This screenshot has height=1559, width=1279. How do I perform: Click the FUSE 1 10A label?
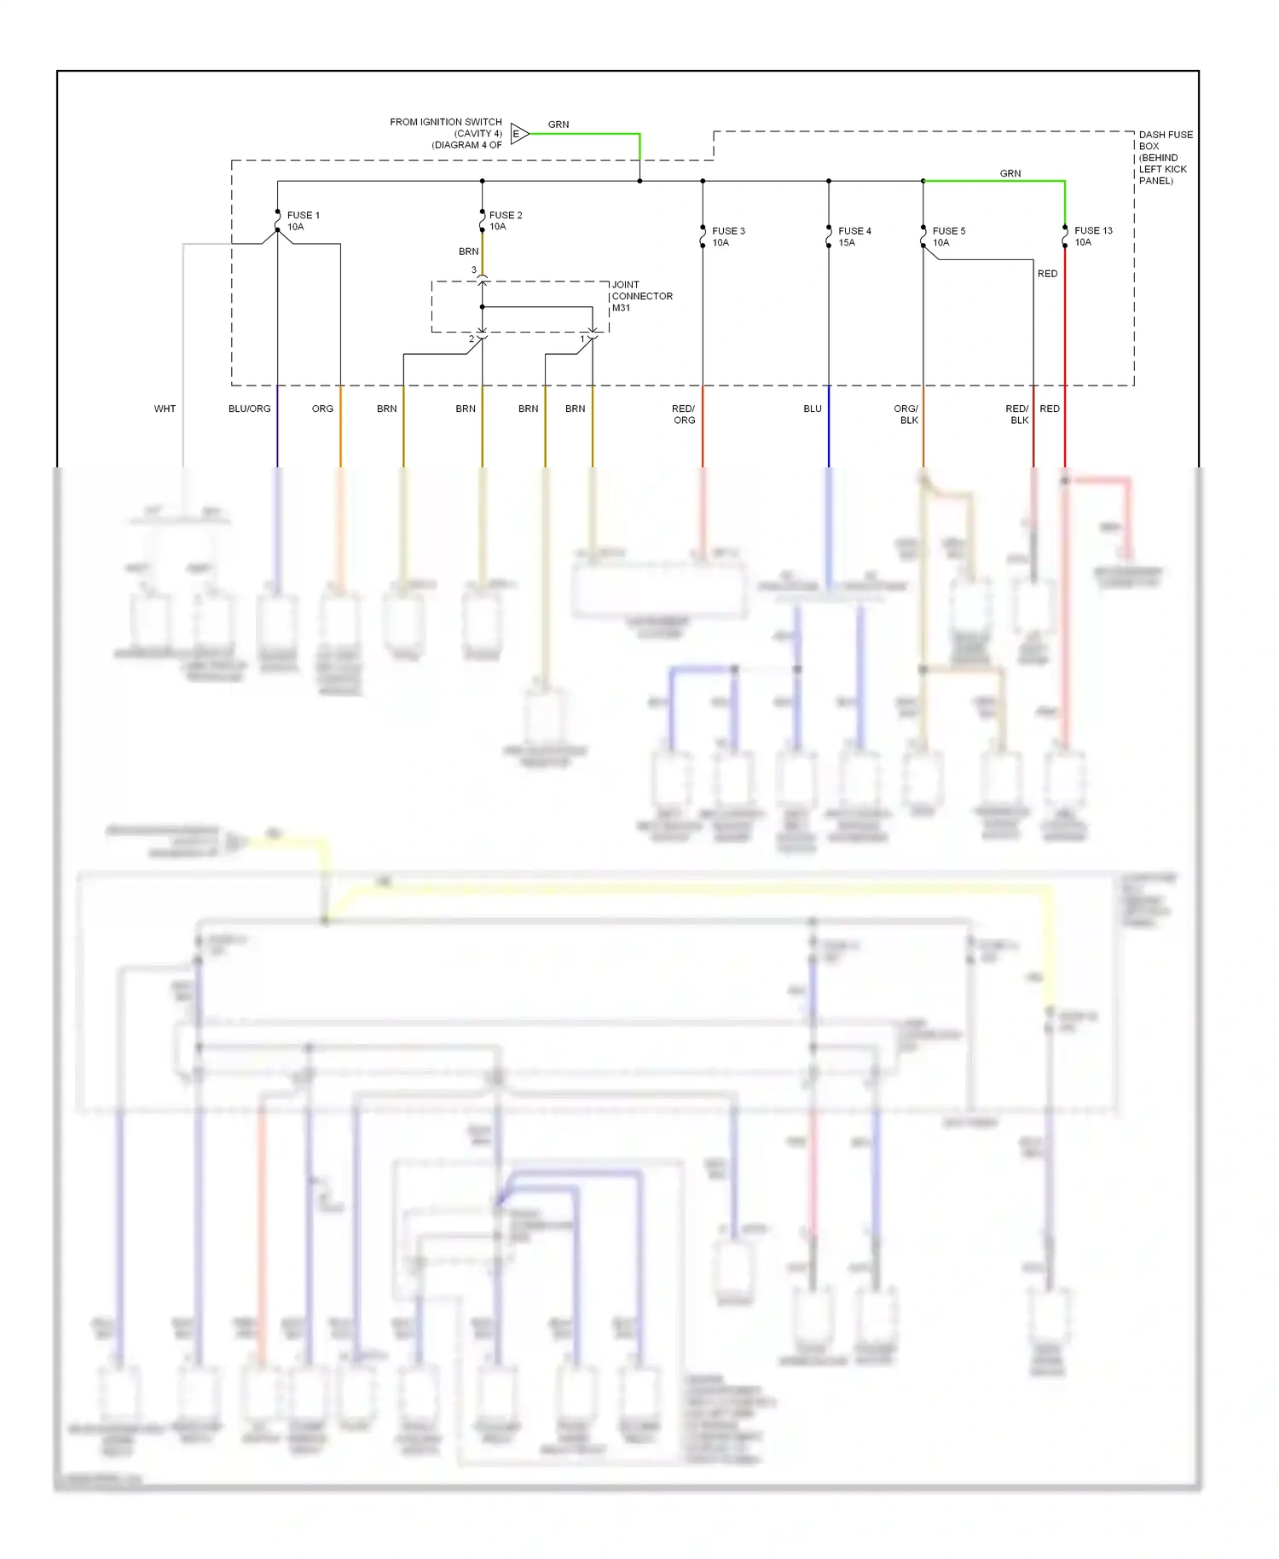(303, 221)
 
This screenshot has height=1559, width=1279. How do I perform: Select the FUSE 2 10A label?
(505, 221)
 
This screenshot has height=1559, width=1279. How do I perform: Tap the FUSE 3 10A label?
(728, 236)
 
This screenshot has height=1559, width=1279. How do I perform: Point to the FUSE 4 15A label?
(854, 236)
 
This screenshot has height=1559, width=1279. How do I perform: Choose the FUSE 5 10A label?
(948, 236)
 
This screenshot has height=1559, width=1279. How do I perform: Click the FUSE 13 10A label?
(1092, 236)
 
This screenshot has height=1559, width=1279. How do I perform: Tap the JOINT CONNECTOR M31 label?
(641, 296)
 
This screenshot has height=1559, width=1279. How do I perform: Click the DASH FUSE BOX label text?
(1165, 157)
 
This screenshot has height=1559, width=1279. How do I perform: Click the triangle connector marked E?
(518, 134)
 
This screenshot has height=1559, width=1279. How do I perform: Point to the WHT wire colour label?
(165, 409)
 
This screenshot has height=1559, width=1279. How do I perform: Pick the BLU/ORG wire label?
(249, 409)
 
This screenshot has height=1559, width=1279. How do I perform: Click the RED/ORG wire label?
(684, 414)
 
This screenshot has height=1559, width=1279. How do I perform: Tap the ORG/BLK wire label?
(906, 414)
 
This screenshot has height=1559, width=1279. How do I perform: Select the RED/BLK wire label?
(1017, 414)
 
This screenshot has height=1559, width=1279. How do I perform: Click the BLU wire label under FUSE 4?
(812, 409)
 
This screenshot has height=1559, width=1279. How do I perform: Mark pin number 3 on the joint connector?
(474, 270)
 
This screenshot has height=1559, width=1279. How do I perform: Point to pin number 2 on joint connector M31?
(471, 339)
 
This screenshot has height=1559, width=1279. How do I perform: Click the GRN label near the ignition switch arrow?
(558, 125)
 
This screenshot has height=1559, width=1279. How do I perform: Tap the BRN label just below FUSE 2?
(468, 252)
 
